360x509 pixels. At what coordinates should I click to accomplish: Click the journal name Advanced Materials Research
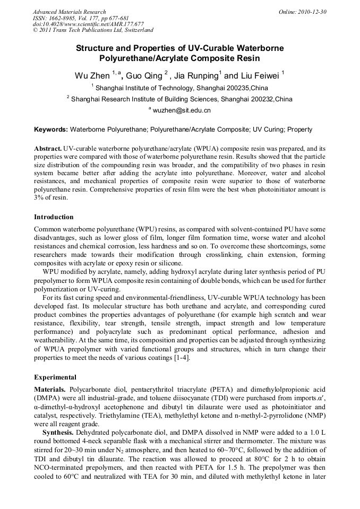[x=69, y=12]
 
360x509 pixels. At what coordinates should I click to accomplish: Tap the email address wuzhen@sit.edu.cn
[x=182, y=110]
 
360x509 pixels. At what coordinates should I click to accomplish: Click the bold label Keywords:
[x=51, y=130]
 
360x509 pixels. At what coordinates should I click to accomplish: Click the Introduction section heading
[x=54, y=217]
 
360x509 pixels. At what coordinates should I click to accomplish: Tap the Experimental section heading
[x=55, y=377]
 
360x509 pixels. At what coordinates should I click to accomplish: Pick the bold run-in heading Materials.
[x=50, y=390]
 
